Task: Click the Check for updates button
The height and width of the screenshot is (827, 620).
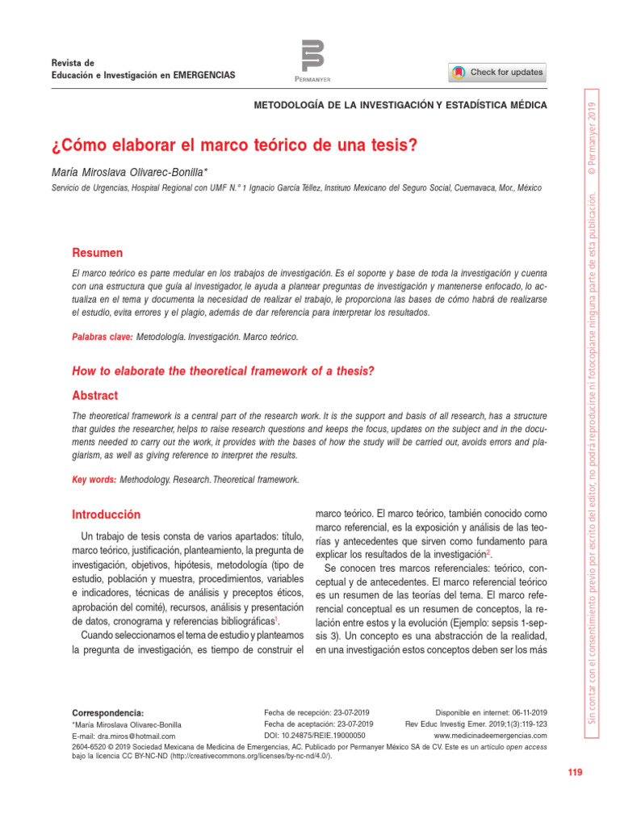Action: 497,73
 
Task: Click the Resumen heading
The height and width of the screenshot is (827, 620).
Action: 98,253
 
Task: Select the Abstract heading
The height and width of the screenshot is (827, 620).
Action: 95,396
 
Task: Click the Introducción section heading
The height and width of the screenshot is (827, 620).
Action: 107,514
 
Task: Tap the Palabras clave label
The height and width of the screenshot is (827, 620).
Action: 103,336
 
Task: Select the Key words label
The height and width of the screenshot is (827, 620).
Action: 94,480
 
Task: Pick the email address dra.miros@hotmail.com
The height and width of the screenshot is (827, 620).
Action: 136,737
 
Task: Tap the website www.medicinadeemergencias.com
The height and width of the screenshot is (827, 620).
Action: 491,737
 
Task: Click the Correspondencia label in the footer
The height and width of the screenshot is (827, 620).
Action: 108,713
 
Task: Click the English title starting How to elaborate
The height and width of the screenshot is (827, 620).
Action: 224,371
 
